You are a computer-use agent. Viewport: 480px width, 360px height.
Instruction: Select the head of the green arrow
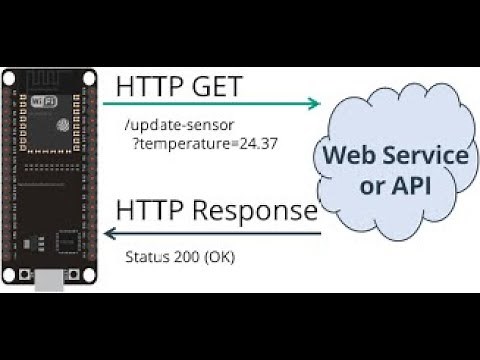pyautogui.click(x=317, y=103)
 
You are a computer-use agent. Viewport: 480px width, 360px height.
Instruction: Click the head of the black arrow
pyautogui.click(x=109, y=234)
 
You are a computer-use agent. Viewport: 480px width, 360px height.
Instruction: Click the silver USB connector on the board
pyautogui.click(x=51, y=283)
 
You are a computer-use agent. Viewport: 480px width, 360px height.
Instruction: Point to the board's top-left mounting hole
pyautogui.click(x=10, y=77)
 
